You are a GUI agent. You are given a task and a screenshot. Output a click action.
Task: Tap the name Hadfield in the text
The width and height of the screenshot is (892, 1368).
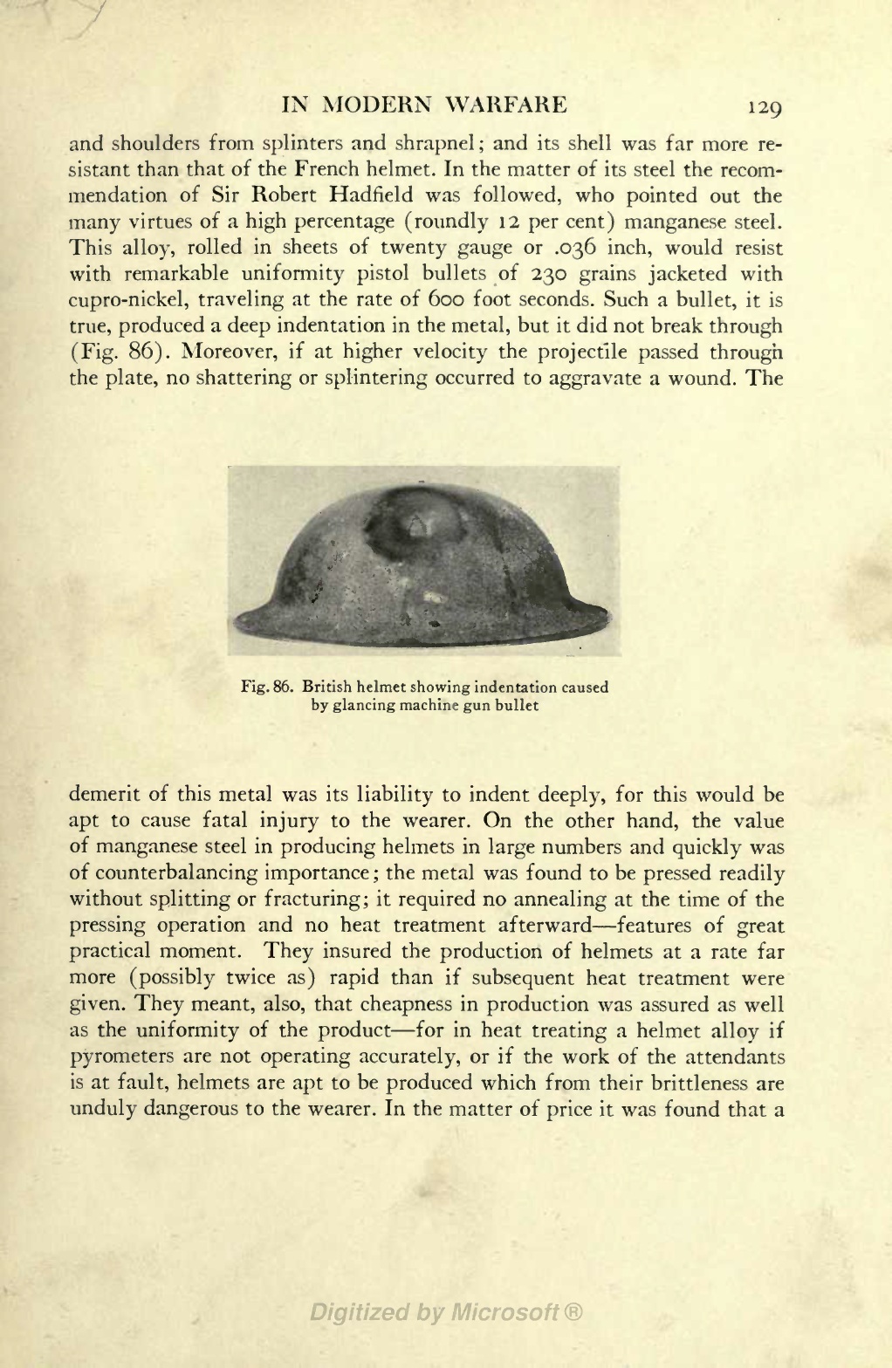click(388, 195)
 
